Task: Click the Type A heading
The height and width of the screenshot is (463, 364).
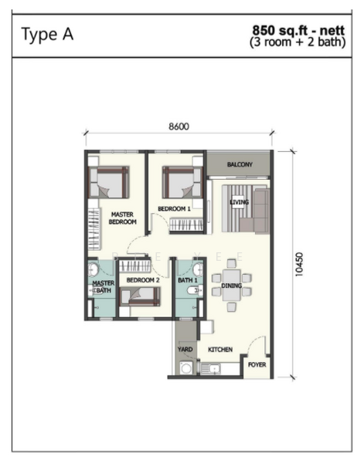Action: coord(47,35)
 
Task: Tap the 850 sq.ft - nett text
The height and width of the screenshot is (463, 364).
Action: coord(298,31)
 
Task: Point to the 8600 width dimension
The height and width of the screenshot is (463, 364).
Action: coord(179,127)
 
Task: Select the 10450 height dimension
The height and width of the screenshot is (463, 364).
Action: coord(299,264)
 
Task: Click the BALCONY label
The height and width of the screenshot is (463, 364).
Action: coord(240,164)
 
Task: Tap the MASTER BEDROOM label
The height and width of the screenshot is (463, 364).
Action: coord(122,218)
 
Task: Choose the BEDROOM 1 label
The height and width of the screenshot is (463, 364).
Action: coord(174,209)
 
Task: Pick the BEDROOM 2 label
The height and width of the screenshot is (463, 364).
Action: coord(143,280)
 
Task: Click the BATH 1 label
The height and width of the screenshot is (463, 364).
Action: coord(188,280)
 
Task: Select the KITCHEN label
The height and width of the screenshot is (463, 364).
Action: coord(220,350)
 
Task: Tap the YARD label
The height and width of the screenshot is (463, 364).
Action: coord(185,350)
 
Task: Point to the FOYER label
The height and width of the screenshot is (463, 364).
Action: coord(257,365)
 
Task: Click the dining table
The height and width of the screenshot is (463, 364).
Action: coord(232,285)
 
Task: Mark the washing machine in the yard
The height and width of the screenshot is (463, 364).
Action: coord(186,368)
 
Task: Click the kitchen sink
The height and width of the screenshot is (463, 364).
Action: coord(211,369)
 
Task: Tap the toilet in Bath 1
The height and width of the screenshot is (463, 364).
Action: coord(194,291)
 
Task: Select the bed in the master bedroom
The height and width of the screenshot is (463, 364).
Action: coord(109,182)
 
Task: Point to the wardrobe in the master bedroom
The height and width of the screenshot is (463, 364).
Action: coord(94,228)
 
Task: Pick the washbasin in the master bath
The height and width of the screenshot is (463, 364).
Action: coord(94,269)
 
